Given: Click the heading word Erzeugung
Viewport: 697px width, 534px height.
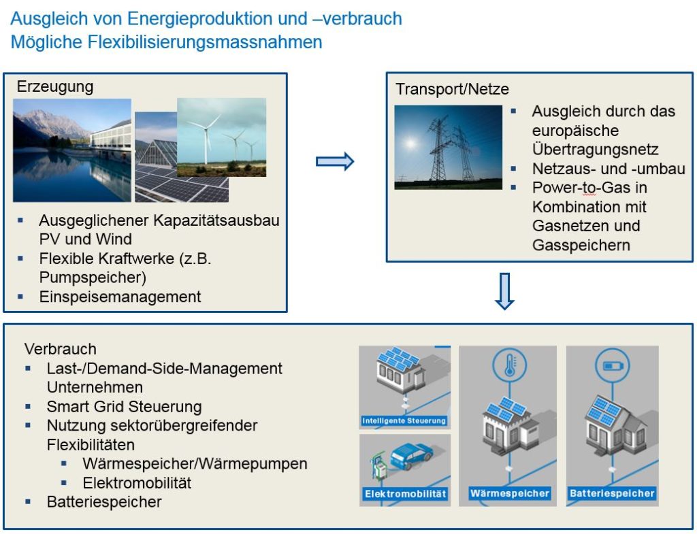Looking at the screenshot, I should pos(55,87).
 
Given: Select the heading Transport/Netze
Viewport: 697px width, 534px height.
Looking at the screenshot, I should pos(452,90).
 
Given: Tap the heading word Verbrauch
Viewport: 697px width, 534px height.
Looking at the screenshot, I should pos(61,349).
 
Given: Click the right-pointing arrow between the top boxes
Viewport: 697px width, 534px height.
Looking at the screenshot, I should pos(335,161).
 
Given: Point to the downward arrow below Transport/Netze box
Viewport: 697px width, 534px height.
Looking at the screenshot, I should pos(504,290).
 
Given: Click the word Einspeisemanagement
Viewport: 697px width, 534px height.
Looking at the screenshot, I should pos(120,297).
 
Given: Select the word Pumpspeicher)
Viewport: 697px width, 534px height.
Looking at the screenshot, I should pos(93,278).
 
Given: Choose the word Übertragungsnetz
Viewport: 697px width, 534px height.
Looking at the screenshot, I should pos(595,149).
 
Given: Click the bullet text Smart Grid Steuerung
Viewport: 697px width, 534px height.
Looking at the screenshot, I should pos(124,407).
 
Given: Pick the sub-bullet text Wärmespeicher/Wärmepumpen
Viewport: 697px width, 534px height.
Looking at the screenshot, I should pos(195,464).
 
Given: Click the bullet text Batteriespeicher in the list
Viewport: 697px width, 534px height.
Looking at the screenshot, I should pos(104,502).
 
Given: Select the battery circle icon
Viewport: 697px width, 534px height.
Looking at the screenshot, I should pos(608,365).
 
